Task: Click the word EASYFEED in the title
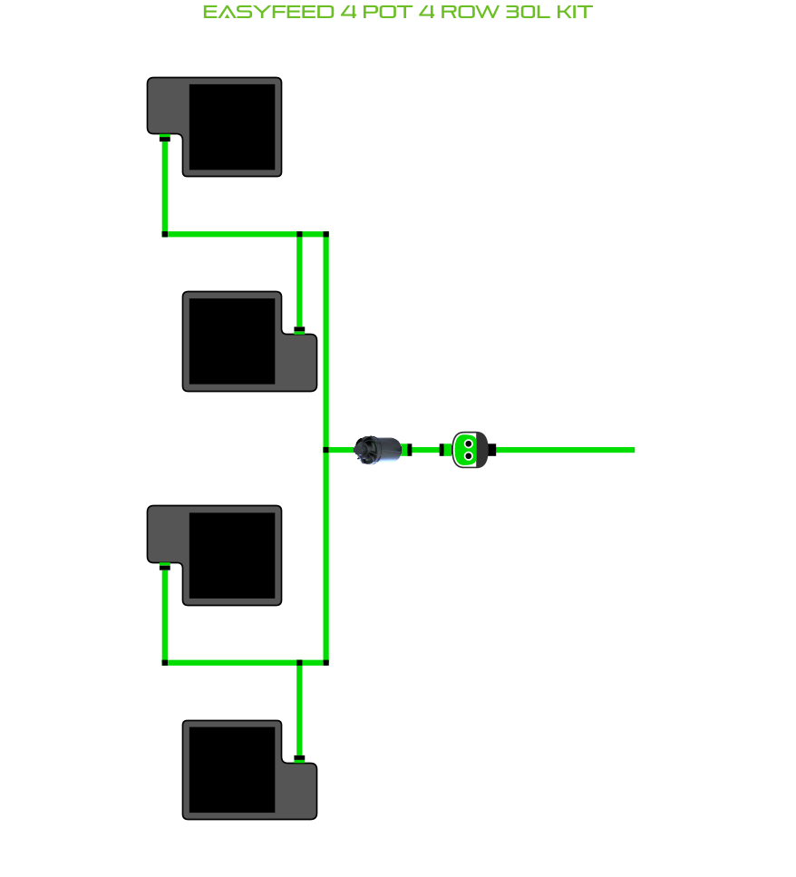(268, 13)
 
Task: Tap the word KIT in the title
(575, 13)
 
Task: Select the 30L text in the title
(528, 13)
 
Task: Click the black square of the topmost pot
(232, 127)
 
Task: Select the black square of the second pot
(232, 341)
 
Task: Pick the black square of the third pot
(232, 555)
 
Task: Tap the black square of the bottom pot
(232, 770)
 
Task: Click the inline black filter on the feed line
(378, 450)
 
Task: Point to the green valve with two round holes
(470, 450)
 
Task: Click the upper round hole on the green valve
(469, 444)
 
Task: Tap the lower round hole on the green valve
(469, 456)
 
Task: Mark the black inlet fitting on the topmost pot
(165, 138)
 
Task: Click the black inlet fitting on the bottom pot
(299, 758)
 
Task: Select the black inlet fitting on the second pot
(299, 330)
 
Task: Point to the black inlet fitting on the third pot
(165, 567)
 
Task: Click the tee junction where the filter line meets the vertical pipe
(325, 450)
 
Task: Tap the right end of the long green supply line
(635, 450)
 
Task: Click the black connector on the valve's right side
(492, 450)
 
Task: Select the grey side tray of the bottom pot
(299, 789)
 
